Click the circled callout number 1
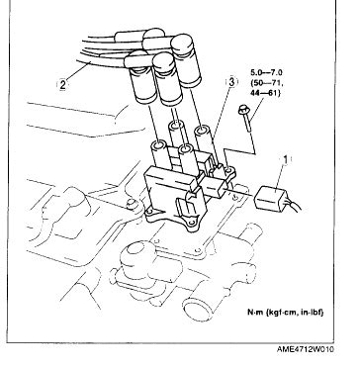coord(286,159)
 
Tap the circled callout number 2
coord(62,85)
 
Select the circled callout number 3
coord(231,82)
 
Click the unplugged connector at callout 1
coord(270,198)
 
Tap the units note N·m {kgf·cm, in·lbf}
coord(286,313)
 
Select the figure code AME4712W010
coord(305,349)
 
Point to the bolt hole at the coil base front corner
coord(190,225)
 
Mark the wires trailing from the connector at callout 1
coord(293,206)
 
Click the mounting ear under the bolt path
coord(229,173)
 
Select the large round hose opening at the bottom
coord(195,309)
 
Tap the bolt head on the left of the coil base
coord(132,205)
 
